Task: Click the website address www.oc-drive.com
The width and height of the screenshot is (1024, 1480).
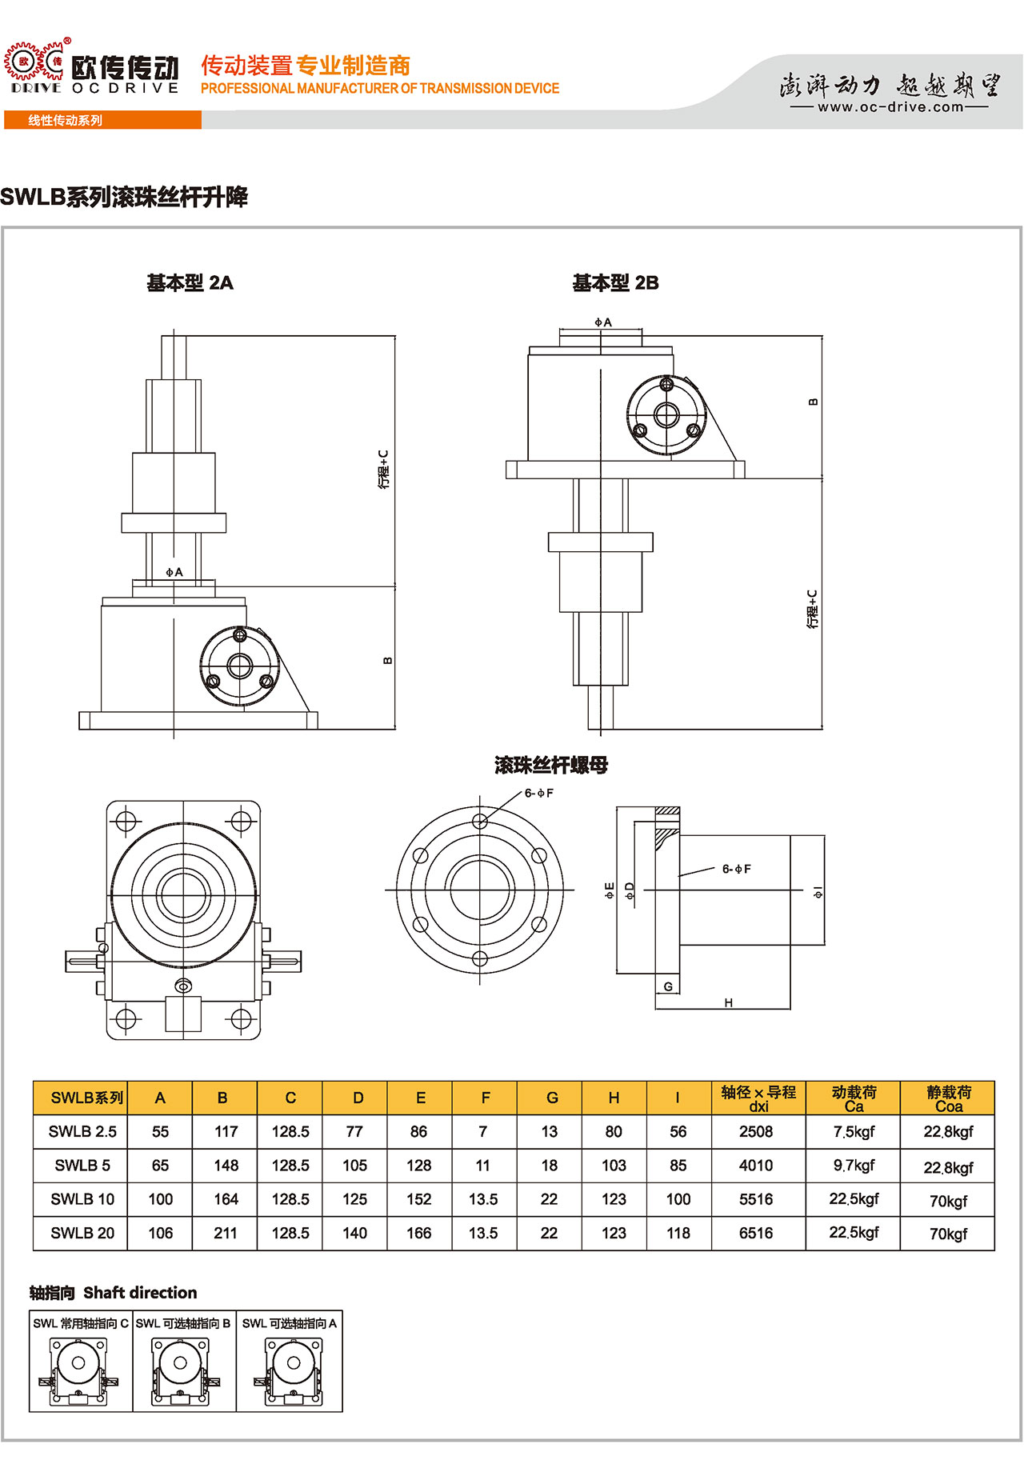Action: (x=890, y=107)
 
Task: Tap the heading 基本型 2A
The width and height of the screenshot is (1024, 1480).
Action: (x=190, y=283)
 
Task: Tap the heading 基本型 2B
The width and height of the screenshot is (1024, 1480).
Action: (x=615, y=283)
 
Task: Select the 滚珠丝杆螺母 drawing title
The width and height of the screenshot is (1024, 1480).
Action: (x=551, y=766)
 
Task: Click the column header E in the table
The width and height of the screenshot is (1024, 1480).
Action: (x=420, y=1098)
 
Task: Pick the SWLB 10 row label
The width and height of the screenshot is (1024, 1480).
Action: (x=82, y=1199)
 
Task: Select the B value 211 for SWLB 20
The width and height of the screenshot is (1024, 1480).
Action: (x=226, y=1234)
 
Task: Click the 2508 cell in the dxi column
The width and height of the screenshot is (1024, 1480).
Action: (x=756, y=1132)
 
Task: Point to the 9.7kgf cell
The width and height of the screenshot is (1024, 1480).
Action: (x=854, y=1166)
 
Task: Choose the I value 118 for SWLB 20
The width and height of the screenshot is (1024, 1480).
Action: (x=678, y=1234)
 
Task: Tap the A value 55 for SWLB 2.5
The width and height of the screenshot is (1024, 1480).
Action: (x=160, y=1132)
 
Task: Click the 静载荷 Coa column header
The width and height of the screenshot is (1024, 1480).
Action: (x=949, y=1098)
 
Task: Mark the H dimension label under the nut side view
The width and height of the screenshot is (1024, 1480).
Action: (x=728, y=1002)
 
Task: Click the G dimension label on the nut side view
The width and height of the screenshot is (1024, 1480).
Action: (x=668, y=986)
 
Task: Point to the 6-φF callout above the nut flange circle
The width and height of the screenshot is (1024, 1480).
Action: (x=539, y=793)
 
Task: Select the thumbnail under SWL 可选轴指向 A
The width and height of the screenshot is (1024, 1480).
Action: (x=290, y=1371)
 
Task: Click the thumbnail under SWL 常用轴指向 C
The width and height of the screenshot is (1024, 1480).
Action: (x=78, y=1371)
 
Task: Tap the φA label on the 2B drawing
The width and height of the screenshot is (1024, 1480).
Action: (x=602, y=322)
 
